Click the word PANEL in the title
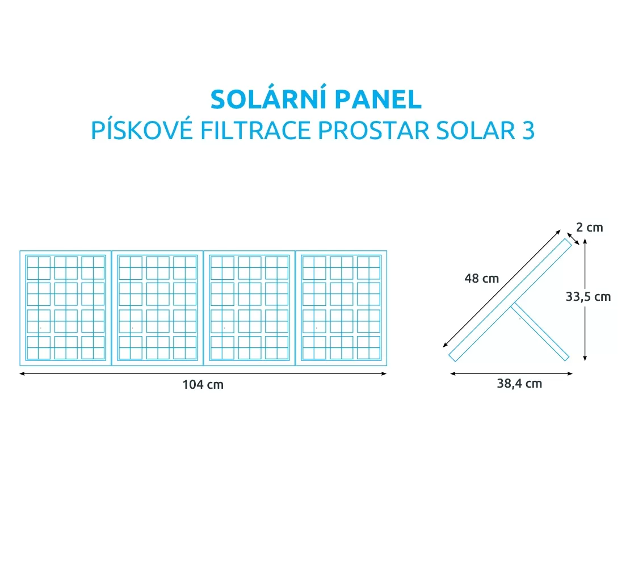click(379, 99)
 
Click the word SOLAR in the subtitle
click(476, 130)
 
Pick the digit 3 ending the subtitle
click(528, 130)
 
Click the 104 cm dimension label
click(203, 385)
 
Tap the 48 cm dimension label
click(481, 278)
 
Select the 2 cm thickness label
click(590, 228)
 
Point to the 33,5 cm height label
click(588, 297)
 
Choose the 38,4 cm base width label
click(519, 384)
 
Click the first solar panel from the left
click(65, 308)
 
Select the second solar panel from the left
click(158, 308)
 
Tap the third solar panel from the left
click(250, 308)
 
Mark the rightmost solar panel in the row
click(341, 308)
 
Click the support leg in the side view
click(540, 332)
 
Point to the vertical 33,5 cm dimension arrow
click(585, 299)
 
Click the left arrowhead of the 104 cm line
click(22, 373)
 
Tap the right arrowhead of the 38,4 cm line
click(570, 373)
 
